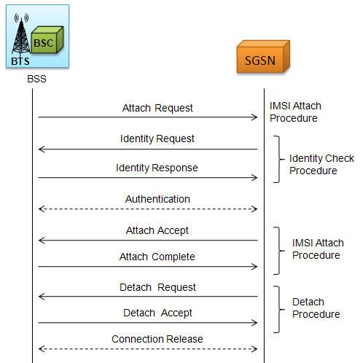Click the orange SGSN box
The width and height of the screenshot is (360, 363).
tap(263, 57)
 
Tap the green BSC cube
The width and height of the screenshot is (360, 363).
tap(47, 40)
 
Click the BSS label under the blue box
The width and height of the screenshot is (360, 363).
tap(36, 79)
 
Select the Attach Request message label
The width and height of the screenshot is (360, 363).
tap(157, 108)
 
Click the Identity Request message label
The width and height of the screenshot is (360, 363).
tap(157, 139)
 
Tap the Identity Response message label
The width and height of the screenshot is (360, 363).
tap(157, 168)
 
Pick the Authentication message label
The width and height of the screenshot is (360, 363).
tap(157, 199)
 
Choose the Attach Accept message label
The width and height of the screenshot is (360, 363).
tap(157, 230)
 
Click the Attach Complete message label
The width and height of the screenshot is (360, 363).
tap(157, 257)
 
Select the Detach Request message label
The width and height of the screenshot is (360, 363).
tap(157, 287)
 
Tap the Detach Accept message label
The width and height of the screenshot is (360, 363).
tap(157, 313)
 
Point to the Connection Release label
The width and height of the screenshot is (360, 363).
tap(157, 339)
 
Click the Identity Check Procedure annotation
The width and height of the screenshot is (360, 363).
tap(321, 165)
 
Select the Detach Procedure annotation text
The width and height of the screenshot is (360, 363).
tap(316, 308)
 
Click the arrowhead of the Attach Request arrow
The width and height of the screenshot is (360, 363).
tap(255, 117)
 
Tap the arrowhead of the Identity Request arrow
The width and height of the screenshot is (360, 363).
tap(42, 149)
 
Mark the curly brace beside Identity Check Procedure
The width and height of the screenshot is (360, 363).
tap(278, 159)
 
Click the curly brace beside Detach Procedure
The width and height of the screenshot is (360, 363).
tap(278, 309)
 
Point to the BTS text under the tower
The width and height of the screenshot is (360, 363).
tap(20, 61)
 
